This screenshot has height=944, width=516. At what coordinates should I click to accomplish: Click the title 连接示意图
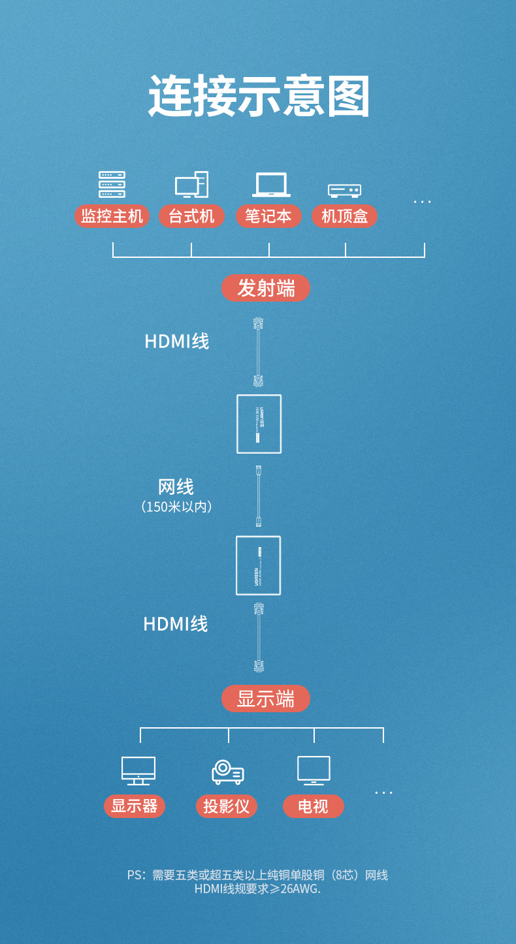pos(259,97)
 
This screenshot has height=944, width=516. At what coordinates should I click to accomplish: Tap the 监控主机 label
pos(112,216)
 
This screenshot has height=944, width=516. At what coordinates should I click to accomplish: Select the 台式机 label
pos(191,216)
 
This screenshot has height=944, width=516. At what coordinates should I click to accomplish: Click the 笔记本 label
pos(268,216)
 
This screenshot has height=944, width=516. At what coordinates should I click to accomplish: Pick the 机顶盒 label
pos(344,216)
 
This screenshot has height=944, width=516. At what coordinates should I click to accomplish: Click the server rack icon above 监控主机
pos(112,184)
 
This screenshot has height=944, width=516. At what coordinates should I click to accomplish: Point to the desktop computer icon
pos(191,185)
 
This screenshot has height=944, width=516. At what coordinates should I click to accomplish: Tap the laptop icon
pos(271,185)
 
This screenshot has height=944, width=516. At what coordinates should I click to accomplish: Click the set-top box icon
pos(344,190)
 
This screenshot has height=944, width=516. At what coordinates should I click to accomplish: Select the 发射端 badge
pos(266,288)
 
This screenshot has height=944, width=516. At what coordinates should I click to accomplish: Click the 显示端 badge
pos(266,699)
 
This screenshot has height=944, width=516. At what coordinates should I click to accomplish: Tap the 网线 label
pos(176,487)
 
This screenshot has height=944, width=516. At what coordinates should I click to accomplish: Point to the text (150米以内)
pos(176,507)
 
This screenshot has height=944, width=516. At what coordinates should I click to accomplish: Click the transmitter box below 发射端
pos(259,424)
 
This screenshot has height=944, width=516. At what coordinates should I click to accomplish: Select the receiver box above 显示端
pos(258,565)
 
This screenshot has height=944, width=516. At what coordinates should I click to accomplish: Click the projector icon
pos(227,772)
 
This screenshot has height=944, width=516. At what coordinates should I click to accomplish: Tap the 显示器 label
pos(135,806)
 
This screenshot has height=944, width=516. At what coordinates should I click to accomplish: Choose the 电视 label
pos(313,806)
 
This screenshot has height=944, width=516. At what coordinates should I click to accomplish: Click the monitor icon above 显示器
pos(138,771)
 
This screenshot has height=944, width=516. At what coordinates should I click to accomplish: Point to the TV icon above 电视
pos(314,770)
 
